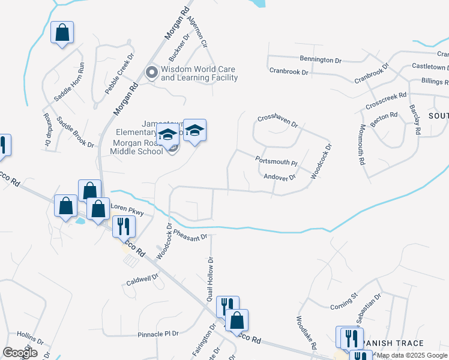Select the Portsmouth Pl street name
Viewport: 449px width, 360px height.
[x=276, y=161]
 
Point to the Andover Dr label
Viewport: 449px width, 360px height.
[x=279, y=177]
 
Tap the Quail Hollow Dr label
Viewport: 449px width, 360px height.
[x=210, y=279]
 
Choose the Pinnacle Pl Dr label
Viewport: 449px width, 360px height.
[x=158, y=333]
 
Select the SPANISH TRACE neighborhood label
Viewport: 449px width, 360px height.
[x=394, y=343]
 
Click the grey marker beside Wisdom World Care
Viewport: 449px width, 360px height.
[x=152, y=73]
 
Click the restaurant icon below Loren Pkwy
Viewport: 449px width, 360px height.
[x=125, y=226]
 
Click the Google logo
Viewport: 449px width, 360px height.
[x=20, y=353]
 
